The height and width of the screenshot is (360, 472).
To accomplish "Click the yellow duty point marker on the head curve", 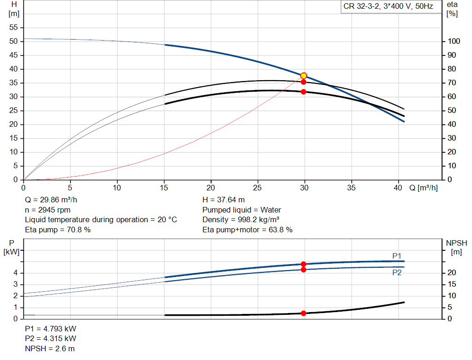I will (x=303, y=76).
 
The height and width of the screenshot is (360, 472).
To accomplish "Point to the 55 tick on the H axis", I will (x=14, y=28).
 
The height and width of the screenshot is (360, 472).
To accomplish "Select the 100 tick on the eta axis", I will (x=454, y=41).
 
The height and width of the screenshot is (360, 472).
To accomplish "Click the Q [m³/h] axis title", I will (x=423, y=188).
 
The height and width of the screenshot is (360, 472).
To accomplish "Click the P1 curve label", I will (x=397, y=256).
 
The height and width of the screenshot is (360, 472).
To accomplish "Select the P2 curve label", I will (x=397, y=272).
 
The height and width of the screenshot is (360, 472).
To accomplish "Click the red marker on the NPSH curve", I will (x=303, y=313).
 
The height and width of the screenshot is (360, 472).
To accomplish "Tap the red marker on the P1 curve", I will (x=303, y=265).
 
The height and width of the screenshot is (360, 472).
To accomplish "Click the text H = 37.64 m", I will (x=224, y=200).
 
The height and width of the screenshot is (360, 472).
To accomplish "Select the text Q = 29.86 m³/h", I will (x=50, y=200).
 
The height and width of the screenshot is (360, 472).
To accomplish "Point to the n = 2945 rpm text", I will (x=47, y=210).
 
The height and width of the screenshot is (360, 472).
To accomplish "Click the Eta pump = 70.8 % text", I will (x=58, y=230).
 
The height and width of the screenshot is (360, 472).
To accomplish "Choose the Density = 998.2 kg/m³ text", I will (x=241, y=219).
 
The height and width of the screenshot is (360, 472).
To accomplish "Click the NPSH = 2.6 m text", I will (x=49, y=348).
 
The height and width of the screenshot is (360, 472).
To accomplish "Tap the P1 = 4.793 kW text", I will (x=51, y=329).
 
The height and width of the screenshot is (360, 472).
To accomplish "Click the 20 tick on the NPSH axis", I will (x=452, y=273).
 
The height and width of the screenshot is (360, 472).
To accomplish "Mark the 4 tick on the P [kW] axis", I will (x=15, y=273).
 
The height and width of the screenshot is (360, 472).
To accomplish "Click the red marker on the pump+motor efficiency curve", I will (x=303, y=92).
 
